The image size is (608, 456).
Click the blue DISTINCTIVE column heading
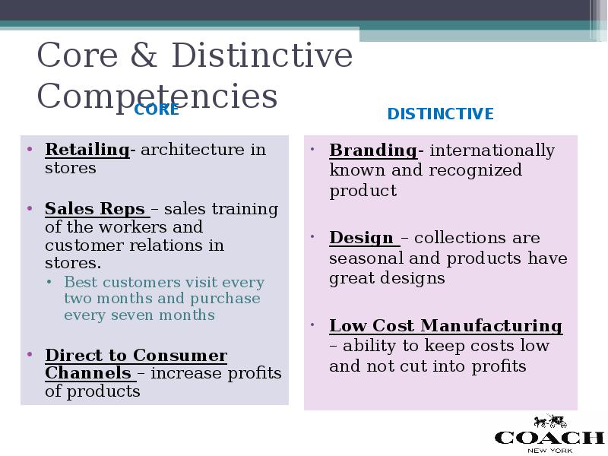(x=441, y=114)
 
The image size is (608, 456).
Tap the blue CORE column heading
(x=157, y=109)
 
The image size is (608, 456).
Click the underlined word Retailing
(x=87, y=150)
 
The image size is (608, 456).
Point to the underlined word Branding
(x=373, y=150)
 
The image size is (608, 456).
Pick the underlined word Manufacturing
(x=491, y=326)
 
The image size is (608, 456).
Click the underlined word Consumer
(x=180, y=355)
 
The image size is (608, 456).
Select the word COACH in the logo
(x=549, y=438)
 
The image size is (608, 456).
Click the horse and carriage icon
(x=550, y=421)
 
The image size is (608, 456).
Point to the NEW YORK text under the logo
(x=549, y=451)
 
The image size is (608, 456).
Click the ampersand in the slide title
(x=144, y=55)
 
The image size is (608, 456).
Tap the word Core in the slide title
(x=78, y=55)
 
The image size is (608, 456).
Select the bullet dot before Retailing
(x=30, y=149)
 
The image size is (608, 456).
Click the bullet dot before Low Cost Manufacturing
(x=312, y=325)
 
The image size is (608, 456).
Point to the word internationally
(x=492, y=150)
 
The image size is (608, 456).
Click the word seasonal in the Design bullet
(x=366, y=258)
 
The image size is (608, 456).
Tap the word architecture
(x=193, y=150)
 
